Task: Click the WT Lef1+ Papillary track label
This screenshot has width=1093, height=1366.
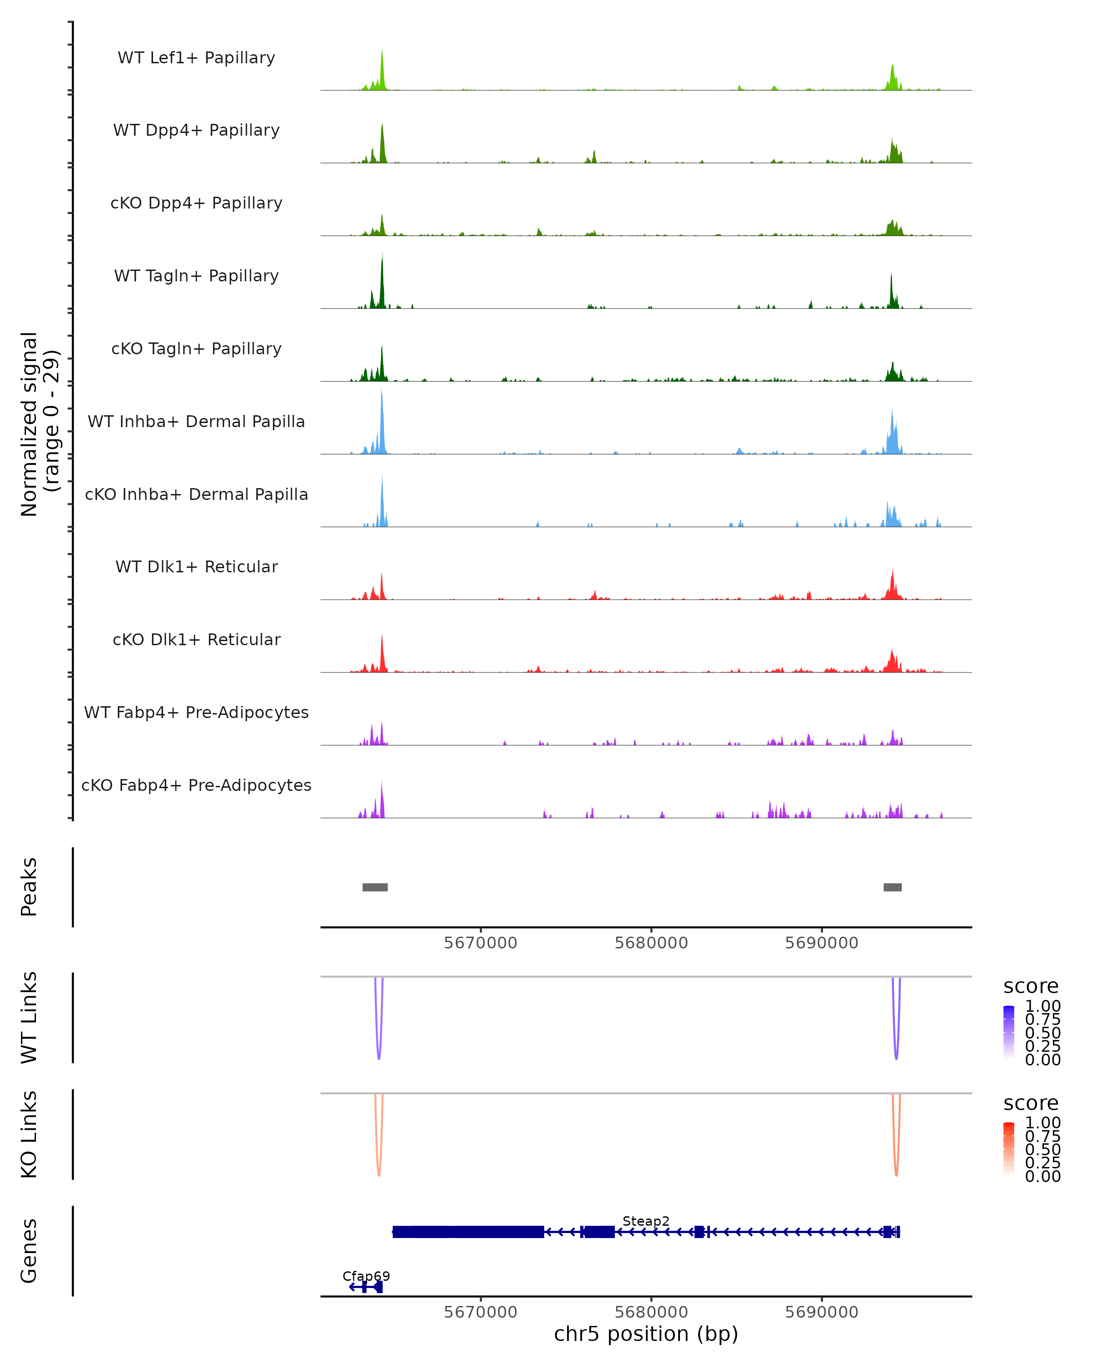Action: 196,58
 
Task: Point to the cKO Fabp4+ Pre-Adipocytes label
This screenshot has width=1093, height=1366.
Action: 196,785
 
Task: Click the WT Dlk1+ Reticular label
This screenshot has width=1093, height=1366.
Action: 196,566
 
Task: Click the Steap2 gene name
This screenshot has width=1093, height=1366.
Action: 646,1221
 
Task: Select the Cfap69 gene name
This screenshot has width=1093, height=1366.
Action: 366,1276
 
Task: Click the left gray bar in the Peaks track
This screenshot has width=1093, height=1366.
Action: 375,887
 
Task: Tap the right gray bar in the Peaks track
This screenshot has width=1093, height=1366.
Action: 892,887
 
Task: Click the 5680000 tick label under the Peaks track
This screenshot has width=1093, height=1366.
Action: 651,943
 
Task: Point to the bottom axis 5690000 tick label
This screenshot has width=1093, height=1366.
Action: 822,1312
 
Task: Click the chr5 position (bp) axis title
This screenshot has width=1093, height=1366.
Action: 646,1334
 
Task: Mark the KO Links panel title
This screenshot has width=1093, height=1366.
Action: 29,1134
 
